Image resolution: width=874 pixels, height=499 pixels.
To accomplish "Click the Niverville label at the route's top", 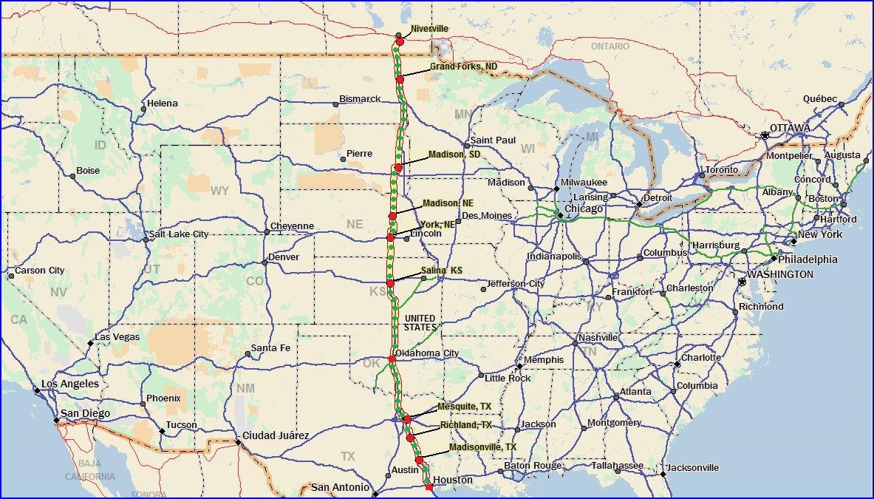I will click(429, 29).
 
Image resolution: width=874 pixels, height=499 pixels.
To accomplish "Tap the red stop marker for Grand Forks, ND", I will click(400, 79).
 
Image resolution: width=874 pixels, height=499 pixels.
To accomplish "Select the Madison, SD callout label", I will click(454, 155).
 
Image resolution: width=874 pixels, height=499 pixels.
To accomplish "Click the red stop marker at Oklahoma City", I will click(392, 359).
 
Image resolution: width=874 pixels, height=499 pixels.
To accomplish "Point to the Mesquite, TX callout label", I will click(464, 407).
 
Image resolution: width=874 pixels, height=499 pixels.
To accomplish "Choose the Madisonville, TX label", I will click(482, 447).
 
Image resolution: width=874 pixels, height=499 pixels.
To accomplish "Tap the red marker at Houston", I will click(429, 486).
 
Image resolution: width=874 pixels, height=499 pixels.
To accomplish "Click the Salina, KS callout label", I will click(446, 271).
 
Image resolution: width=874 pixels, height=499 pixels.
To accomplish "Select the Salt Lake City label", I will click(179, 234).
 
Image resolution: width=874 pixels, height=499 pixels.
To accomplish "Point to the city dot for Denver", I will click(264, 262).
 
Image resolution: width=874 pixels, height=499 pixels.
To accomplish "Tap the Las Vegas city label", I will click(117, 337).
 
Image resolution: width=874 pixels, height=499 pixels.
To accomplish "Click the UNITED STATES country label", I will click(420, 322).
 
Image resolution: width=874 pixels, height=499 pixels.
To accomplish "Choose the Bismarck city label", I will click(360, 99).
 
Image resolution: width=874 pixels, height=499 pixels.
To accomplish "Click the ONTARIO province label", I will click(610, 47).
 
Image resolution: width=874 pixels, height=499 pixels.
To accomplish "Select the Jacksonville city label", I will click(692, 468).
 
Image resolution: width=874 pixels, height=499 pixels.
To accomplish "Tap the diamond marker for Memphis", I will click(519, 366).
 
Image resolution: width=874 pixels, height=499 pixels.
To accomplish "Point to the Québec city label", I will click(820, 99).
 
